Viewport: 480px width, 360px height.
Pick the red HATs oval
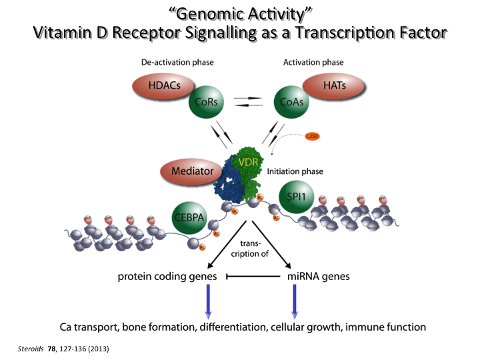333,86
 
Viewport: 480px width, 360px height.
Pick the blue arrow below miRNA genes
294,301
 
